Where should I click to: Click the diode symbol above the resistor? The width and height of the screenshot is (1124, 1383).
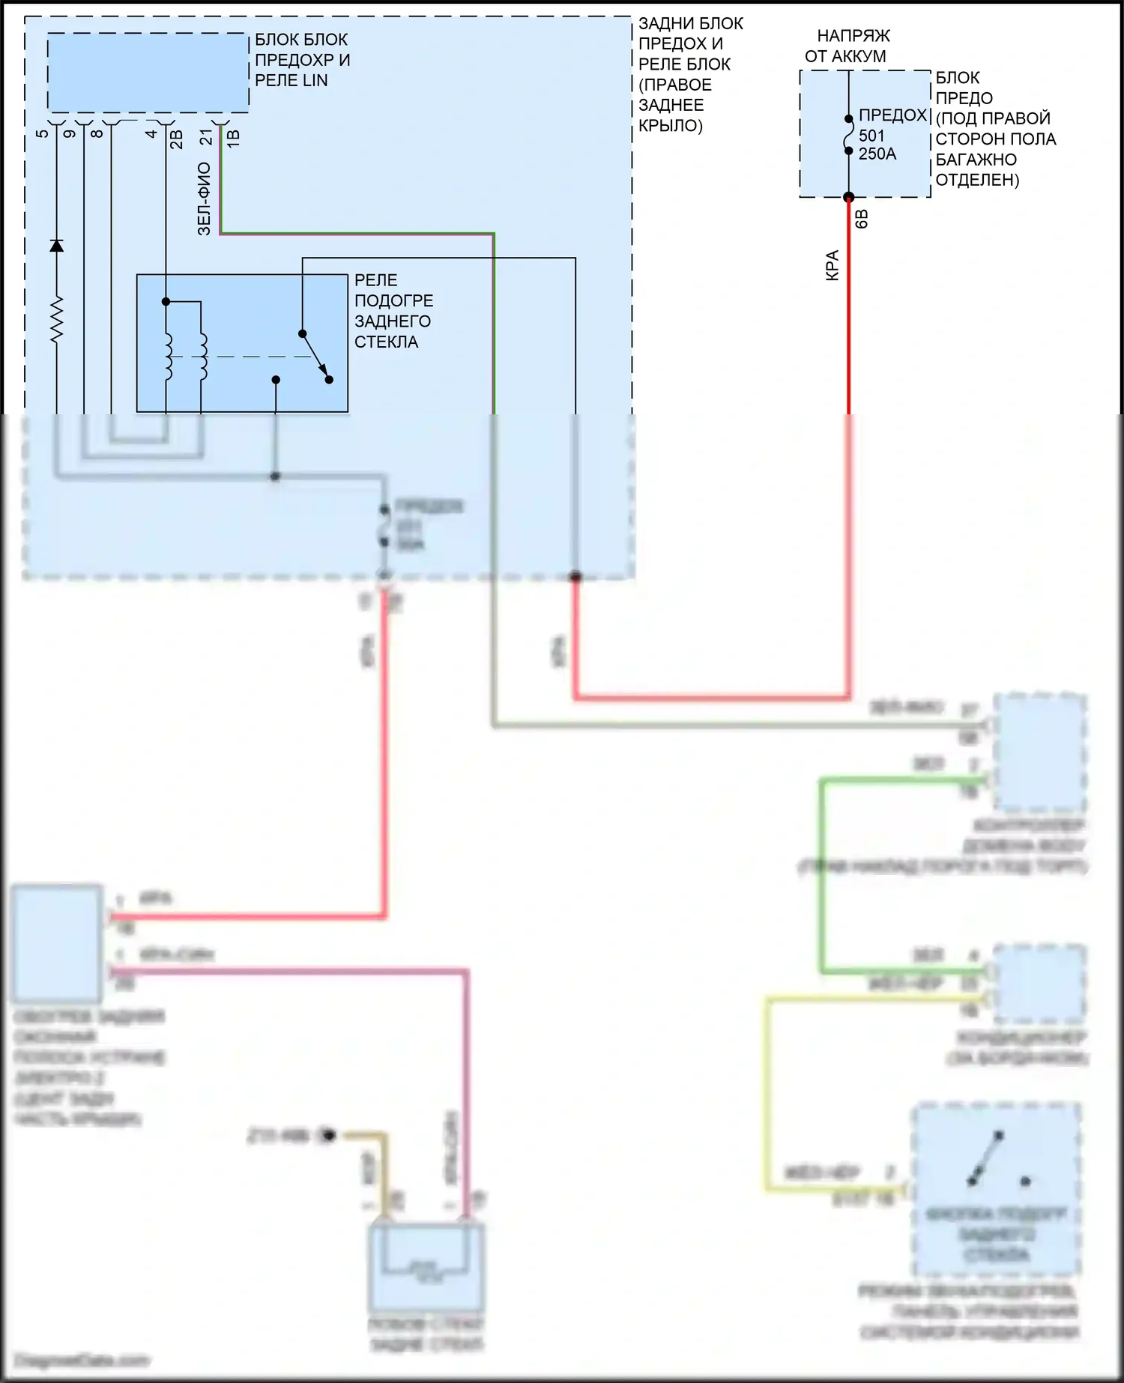point(56,246)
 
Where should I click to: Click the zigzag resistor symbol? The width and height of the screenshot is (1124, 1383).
point(56,320)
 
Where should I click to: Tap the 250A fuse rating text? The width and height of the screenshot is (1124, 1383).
point(877,154)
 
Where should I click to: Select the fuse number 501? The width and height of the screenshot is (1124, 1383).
point(871,136)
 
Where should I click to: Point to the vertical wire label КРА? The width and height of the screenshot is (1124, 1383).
point(832,265)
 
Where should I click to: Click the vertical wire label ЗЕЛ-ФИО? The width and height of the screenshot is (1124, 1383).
point(204,199)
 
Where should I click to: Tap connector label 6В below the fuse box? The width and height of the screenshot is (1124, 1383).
point(862,219)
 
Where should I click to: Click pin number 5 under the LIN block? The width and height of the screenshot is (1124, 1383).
point(42,133)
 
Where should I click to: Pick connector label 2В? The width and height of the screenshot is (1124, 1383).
point(177,139)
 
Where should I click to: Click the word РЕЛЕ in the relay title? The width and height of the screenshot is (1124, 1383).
point(375,280)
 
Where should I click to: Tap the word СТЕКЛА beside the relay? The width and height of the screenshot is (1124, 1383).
point(386,342)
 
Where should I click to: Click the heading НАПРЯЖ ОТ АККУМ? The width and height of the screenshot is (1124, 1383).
point(848,46)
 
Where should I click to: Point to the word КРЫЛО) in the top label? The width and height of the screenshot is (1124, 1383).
point(671,126)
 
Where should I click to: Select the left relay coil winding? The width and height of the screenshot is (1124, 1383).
point(168,356)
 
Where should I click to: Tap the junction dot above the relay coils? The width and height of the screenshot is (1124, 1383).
point(166,302)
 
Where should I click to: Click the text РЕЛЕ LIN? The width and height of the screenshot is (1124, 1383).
point(291,81)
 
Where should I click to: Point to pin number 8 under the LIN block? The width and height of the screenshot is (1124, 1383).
point(97,133)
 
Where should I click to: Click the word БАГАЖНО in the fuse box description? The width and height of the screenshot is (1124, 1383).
point(976,160)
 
